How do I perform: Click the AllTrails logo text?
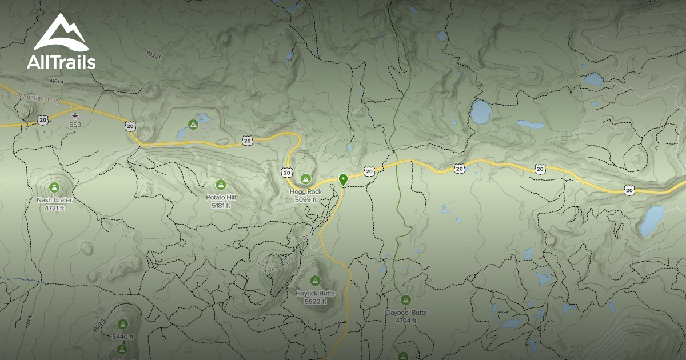[61, 62]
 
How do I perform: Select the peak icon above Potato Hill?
[221, 185]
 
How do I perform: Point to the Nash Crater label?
[54, 200]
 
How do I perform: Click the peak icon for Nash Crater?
[54, 187]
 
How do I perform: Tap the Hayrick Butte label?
[315, 294]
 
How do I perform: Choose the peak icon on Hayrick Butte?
[315, 281]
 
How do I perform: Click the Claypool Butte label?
[405, 313]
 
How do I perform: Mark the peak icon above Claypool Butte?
[405, 299]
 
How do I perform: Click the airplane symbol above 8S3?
[75, 116]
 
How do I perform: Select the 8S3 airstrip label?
[75, 124]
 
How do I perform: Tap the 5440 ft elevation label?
[123, 337]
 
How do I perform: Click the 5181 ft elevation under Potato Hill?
[221, 205]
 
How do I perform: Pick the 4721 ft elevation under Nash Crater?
[54, 208]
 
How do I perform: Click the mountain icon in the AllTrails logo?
[61, 33]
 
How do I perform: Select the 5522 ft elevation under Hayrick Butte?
[315, 302]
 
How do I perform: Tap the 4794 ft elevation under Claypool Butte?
[405, 321]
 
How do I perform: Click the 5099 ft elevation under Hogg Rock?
[306, 200]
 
